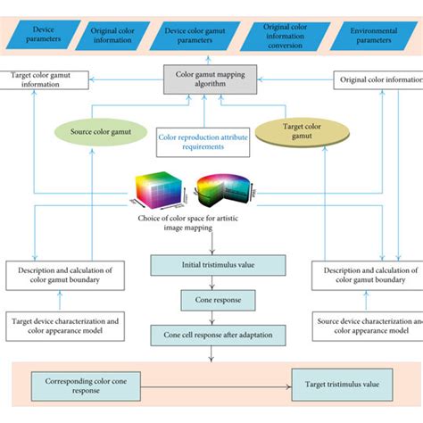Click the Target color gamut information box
point(45,80)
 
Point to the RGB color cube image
point(162,188)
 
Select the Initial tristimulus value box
point(219,264)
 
